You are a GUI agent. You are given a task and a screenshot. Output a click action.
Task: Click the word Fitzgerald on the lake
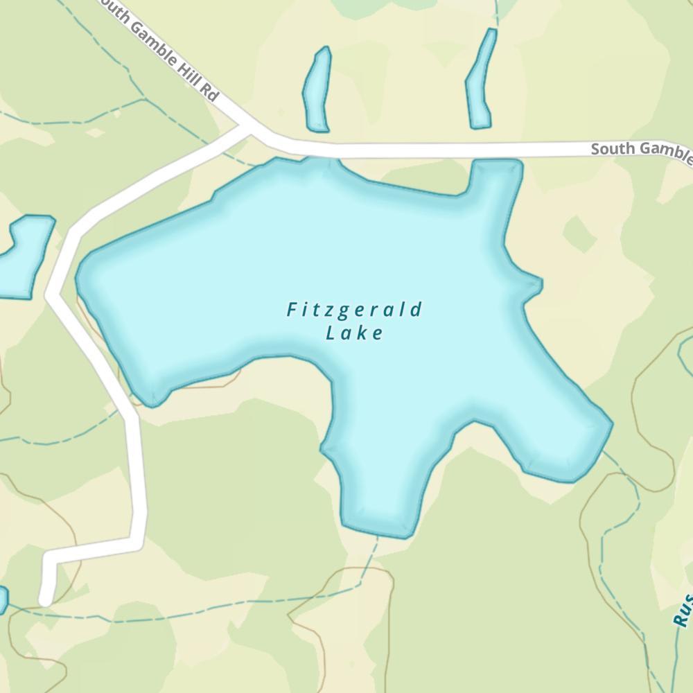pos(354,310)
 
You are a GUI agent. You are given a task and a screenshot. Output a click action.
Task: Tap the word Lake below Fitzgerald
pos(354,333)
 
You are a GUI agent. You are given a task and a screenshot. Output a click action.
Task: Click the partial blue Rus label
pos(682,610)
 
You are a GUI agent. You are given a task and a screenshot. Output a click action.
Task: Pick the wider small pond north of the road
pos(317,90)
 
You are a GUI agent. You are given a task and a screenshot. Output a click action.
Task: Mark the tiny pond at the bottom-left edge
pos(2,599)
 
